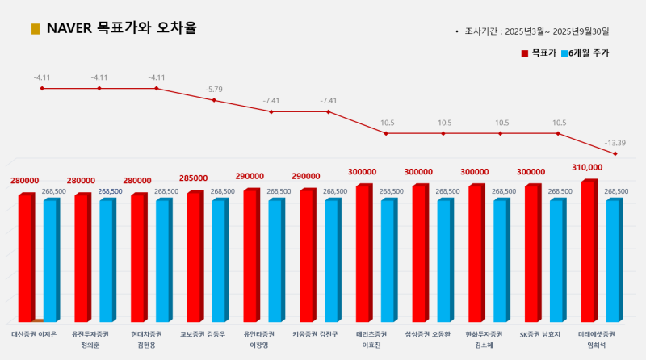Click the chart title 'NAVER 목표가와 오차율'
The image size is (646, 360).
121,28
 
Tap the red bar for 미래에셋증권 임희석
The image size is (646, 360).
589,250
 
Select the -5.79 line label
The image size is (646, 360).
214,88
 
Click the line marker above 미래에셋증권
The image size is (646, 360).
615,153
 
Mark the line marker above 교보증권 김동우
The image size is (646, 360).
214,100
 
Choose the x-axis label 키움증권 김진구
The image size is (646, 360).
315,333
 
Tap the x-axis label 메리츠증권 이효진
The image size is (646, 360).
371,338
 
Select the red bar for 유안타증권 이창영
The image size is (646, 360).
251,255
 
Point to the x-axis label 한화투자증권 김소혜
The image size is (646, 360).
484,338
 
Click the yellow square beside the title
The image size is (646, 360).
36,29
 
